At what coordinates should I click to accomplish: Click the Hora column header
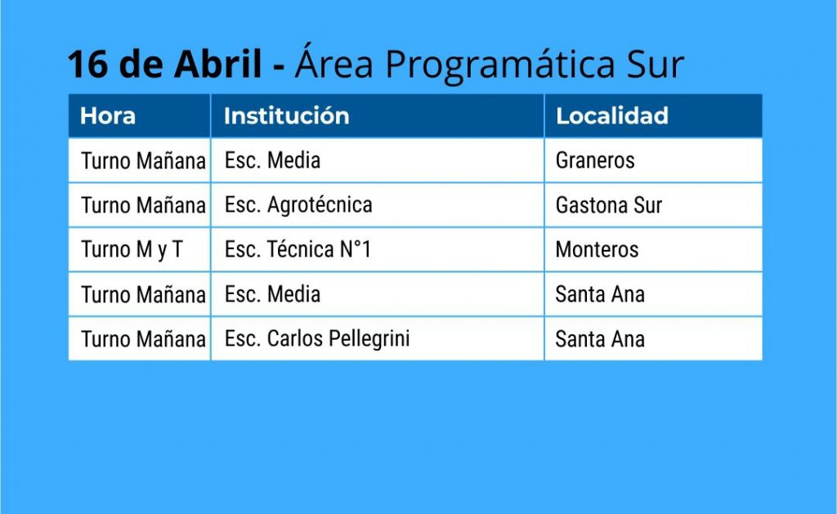click(108, 116)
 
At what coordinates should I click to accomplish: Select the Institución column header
click(287, 116)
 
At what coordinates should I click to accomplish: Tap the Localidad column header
click(612, 116)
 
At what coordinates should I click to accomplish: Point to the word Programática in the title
click(500, 65)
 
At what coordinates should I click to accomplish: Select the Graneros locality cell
click(595, 160)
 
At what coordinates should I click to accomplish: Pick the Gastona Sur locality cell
click(609, 205)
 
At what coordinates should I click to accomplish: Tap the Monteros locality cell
click(597, 250)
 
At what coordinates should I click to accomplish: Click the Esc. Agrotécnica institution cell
click(298, 205)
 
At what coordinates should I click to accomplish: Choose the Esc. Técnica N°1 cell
click(298, 250)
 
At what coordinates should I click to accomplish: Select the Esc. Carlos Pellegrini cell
click(317, 339)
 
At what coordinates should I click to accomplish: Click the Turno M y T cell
click(132, 250)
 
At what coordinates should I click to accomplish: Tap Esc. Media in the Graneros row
click(272, 160)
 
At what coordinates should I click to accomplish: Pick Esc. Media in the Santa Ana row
click(272, 294)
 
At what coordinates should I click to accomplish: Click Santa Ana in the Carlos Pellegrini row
click(600, 339)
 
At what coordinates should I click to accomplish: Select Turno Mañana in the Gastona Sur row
click(143, 205)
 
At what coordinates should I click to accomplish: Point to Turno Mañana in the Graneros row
click(143, 160)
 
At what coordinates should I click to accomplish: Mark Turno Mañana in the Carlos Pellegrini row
click(143, 339)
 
